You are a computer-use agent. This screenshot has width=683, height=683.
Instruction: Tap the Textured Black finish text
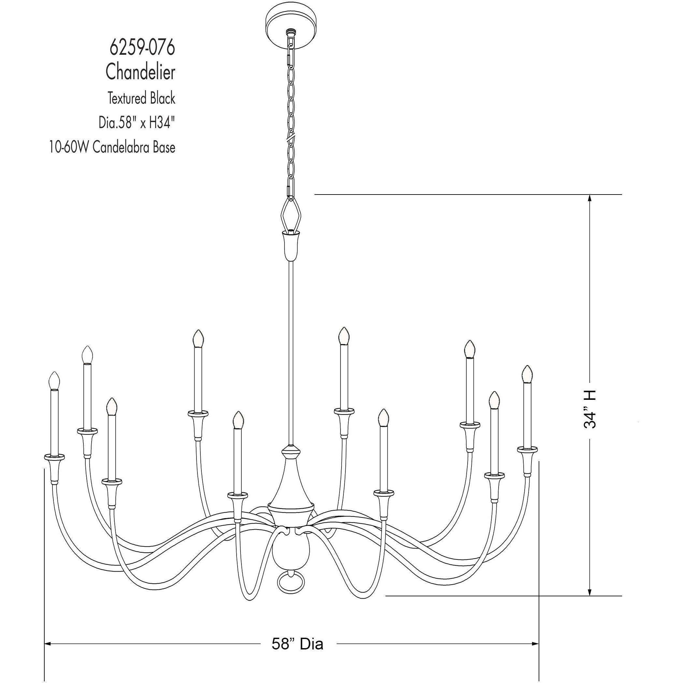[x=141, y=98]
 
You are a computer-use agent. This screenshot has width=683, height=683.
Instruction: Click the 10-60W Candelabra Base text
[x=112, y=147]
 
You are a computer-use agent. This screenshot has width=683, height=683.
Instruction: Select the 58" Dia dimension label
[x=297, y=644]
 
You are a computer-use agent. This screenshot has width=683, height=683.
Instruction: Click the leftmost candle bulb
[x=54, y=381]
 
